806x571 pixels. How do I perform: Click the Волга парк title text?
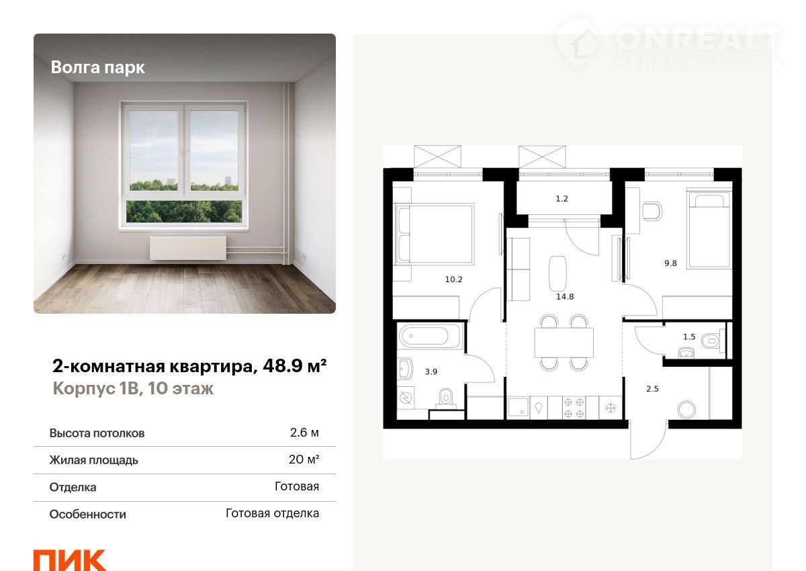(97, 68)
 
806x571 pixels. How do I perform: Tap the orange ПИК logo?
(70, 560)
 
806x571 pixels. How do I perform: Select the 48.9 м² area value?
(295, 365)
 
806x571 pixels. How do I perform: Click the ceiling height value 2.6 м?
(304, 433)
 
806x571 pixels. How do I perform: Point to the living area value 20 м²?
(304, 459)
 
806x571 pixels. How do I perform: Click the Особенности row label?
(88, 515)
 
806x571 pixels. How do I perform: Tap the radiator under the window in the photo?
(188, 248)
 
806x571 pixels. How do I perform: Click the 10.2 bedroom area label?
(454, 279)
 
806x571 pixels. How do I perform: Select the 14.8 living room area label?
(565, 297)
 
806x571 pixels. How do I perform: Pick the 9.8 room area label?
(671, 263)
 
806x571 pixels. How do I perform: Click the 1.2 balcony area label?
(562, 199)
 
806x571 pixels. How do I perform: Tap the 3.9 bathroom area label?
(431, 371)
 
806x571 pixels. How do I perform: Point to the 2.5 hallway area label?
(652, 389)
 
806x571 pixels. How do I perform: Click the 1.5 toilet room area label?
(689, 337)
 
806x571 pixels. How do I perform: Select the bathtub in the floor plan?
(430, 336)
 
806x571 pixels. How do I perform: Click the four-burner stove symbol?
(574, 408)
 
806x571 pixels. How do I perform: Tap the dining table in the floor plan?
(564, 343)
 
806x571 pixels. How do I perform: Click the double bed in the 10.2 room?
(435, 234)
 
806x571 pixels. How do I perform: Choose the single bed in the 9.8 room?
(709, 230)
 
